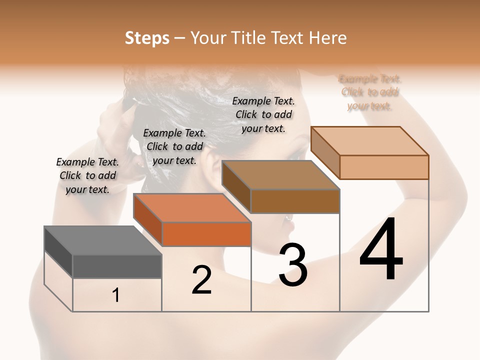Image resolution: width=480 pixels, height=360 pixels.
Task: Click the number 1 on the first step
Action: (x=116, y=295)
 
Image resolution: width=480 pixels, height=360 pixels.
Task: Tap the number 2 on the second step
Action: (x=201, y=280)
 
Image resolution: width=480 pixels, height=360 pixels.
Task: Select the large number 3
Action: (x=293, y=265)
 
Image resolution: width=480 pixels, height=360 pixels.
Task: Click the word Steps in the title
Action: (x=147, y=38)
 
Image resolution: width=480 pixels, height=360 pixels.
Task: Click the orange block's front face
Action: (x=206, y=234)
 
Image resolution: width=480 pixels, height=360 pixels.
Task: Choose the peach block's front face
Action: (x=384, y=167)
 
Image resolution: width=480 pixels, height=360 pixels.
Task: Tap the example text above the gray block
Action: (x=87, y=175)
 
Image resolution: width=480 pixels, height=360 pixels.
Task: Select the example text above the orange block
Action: (x=174, y=146)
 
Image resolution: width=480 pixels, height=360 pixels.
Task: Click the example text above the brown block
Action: (x=263, y=114)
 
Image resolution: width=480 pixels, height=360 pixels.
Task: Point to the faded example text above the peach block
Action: (x=370, y=92)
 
